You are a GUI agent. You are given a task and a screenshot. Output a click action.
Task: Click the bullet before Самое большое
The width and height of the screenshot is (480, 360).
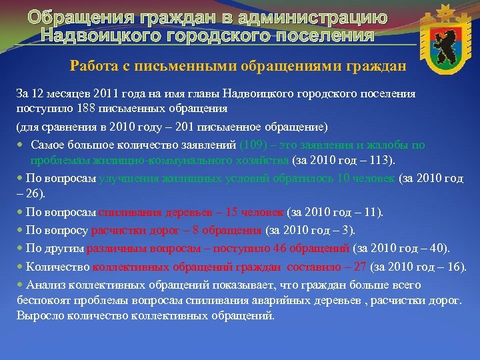21,145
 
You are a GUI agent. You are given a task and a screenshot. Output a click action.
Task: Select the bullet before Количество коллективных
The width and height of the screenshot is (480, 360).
20,267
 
